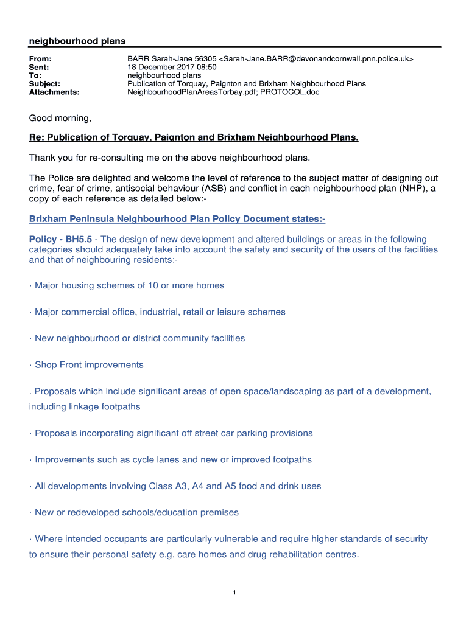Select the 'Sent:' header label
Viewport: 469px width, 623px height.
pyautogui.click(x=40, y=67)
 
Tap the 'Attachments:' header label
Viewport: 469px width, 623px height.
pyautogui.click(x=54, y=92)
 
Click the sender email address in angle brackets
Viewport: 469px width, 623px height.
pyautogui.click(x=316, y=58)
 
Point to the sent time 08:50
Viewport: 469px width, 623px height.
pyautogui.click(x=205, y=67)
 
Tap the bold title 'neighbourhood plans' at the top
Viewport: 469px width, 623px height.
pyautogui.click(x=77, y=41)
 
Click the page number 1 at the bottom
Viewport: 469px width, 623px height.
pyautogui.click(x=234, y=593)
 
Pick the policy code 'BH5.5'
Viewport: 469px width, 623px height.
pyautogui.click(x=79, y=240)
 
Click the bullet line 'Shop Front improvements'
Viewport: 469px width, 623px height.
pyautogui.click(x=89, y=365)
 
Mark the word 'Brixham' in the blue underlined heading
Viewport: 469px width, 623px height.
pyautogui.click(x=48, y=219)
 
